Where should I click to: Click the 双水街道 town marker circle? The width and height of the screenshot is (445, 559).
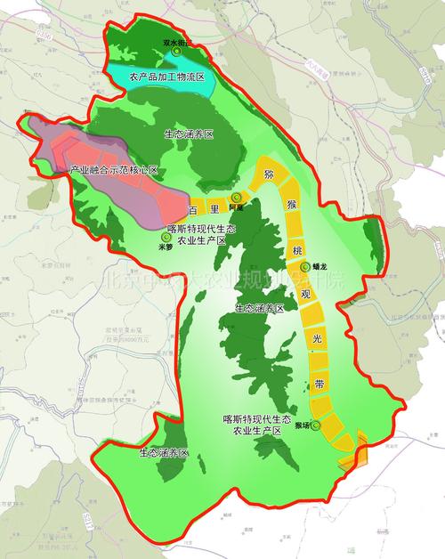point(176,53)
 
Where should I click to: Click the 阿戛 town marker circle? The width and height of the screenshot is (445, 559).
point(236,198)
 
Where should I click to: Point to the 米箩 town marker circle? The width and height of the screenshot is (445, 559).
point(165,238)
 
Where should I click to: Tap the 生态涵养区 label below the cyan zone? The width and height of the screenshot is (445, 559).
point(189,134)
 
